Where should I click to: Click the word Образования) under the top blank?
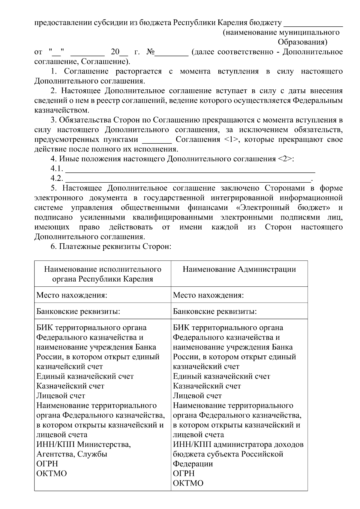coord(303,42)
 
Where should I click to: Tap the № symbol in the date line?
coord(150,52)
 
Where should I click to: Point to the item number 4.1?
coord(56,169)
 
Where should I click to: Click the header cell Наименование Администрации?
coord(239,269)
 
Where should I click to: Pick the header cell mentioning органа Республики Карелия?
coord(103,274)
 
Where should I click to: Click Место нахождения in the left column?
coord(72,295)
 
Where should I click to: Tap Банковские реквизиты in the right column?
coord(215,311)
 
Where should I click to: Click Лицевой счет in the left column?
coord(61,396)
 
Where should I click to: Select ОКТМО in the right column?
coord(188,483)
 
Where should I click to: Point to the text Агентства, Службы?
coord(72,454)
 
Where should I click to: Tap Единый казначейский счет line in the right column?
coord(222,376)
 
